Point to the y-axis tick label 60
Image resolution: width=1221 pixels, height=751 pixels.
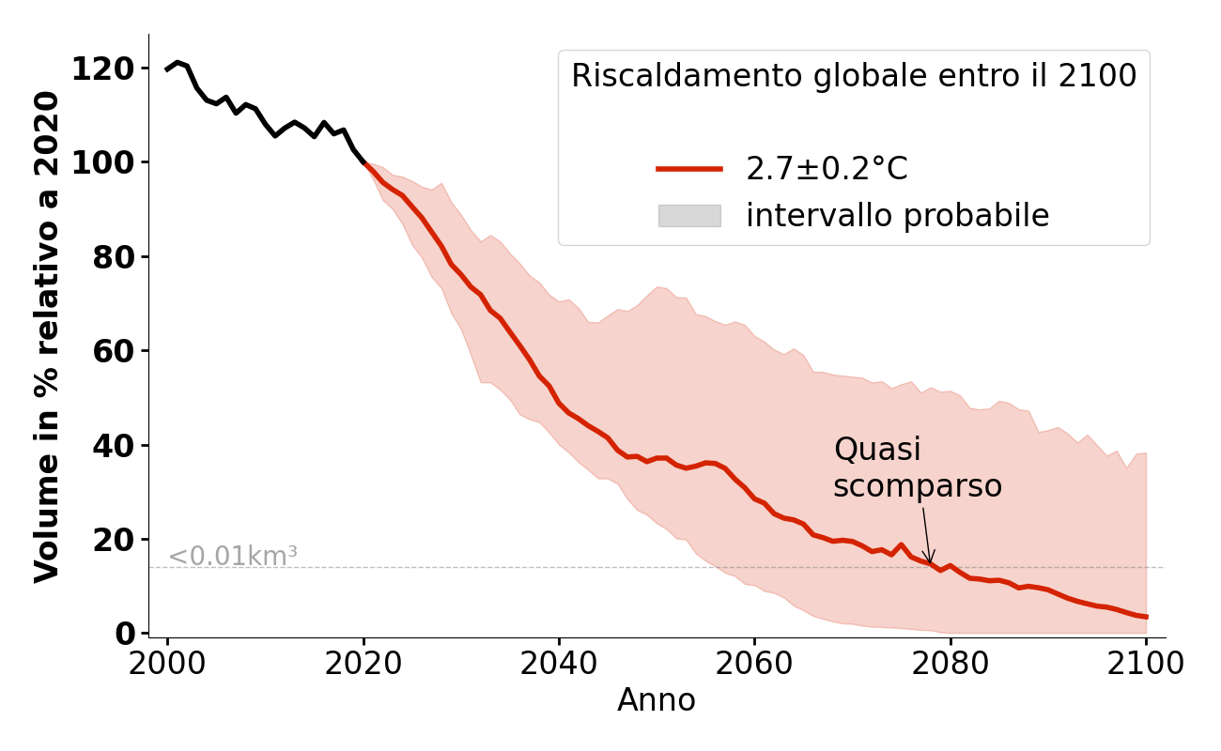tap(114, 351)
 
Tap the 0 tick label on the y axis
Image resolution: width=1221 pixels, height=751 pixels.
tap(125, 634)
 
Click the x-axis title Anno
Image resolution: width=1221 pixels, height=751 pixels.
tap(657, 701)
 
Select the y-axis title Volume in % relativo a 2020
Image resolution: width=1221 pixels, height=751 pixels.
tap(47, 336)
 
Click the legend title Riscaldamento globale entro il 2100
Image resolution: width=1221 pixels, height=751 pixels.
tap(854, 76)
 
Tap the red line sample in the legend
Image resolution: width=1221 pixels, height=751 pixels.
tap(689, 169)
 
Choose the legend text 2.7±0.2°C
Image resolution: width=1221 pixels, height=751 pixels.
tap(827, 169)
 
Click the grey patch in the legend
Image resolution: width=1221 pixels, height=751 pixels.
tap(689, 216)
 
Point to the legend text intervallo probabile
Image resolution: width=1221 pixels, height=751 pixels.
tap(897, 216)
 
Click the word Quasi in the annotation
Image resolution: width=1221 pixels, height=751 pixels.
tap(877, 450)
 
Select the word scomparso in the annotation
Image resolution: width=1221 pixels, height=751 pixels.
tap(918, 486)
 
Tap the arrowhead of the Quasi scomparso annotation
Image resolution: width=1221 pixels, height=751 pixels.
tap(930, 560)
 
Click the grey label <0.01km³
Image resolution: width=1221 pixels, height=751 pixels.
tap(232, 557)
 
